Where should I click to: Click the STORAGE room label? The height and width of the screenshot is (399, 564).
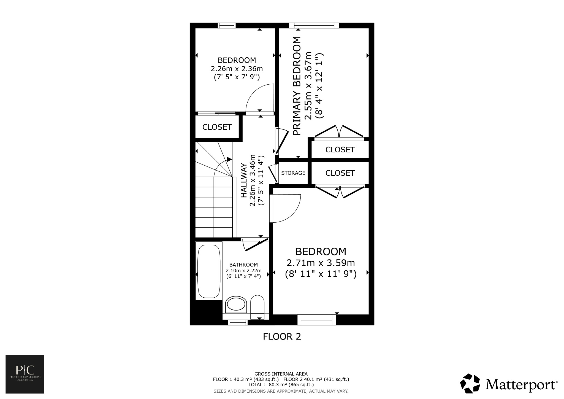[x=293, y=173]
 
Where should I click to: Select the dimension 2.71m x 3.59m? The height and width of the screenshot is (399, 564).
[x=321, y=263]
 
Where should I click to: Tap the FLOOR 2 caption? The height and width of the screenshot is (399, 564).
[x=282, y=336]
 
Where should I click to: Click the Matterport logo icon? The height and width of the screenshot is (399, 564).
[x=470, y=384]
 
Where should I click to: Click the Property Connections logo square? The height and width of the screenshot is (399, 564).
[x=25, y=374]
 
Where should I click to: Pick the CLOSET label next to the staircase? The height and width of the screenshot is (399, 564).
[x=217, y=127]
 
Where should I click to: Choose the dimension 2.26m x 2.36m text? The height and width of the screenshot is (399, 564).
[x=237, y=68]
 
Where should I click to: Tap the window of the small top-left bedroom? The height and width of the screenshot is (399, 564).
[x=227, y=25]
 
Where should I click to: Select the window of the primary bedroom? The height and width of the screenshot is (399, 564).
[x=314, y=25]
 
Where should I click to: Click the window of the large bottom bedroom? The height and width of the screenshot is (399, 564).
[x=317, y=320]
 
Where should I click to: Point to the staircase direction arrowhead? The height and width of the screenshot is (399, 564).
[x=229, y=159]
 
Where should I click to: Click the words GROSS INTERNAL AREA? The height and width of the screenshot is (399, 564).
[x=281, y=374]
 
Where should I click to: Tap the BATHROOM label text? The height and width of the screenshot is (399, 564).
[x=243, y=265]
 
